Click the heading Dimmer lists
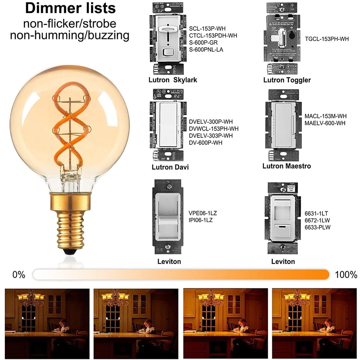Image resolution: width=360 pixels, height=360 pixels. [x=70, y=9]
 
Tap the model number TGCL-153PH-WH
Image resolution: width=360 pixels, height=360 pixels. [x=327, y=39]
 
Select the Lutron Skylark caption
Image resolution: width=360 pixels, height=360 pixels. [x=172, y=80]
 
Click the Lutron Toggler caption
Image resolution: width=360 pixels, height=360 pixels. [x=287, y=80]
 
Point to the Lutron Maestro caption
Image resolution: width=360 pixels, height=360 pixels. [x=286, y=166]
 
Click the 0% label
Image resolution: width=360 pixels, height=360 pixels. [x=19, y=274]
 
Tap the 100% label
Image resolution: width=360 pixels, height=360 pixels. [x=346, y=274]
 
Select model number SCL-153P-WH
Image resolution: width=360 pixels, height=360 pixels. [x=207, y=28]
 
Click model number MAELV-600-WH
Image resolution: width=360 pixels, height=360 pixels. [x=325, y=123]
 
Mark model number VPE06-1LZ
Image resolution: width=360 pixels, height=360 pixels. [x=202, y=213]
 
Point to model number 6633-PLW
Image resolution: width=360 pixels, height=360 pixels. [x=317, y=227]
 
